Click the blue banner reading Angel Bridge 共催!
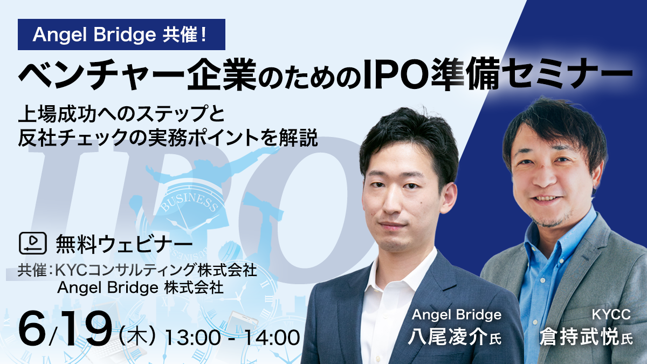tap(121, 35)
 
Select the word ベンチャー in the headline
tap(101, 74)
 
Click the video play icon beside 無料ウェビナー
tap(33, 243)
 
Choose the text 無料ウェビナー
tap(125, 244)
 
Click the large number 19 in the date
tap(84, 329)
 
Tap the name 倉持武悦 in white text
tap(579, 336)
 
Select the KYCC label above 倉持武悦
tap(611, 314)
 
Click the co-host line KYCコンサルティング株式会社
tap(156, 271)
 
